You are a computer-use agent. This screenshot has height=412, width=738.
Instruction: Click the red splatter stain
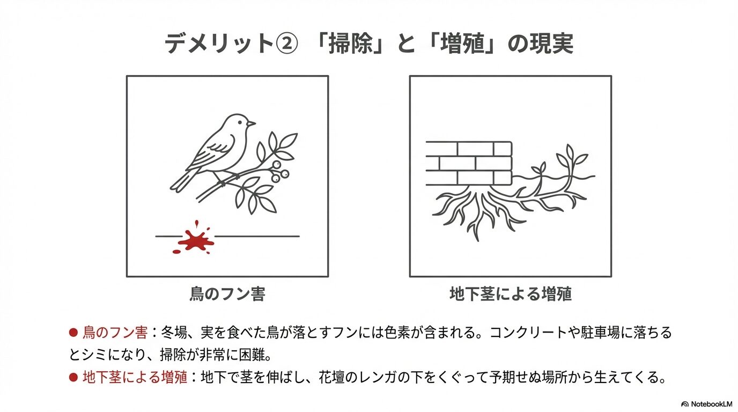click(x=196, y=239)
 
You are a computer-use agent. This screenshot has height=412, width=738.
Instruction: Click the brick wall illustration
click(x=469, y=162)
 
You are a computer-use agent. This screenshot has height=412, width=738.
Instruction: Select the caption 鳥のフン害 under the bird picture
click(x=227, y=294)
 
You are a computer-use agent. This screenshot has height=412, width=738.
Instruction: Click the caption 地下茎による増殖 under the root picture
click(x=511, y=294)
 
